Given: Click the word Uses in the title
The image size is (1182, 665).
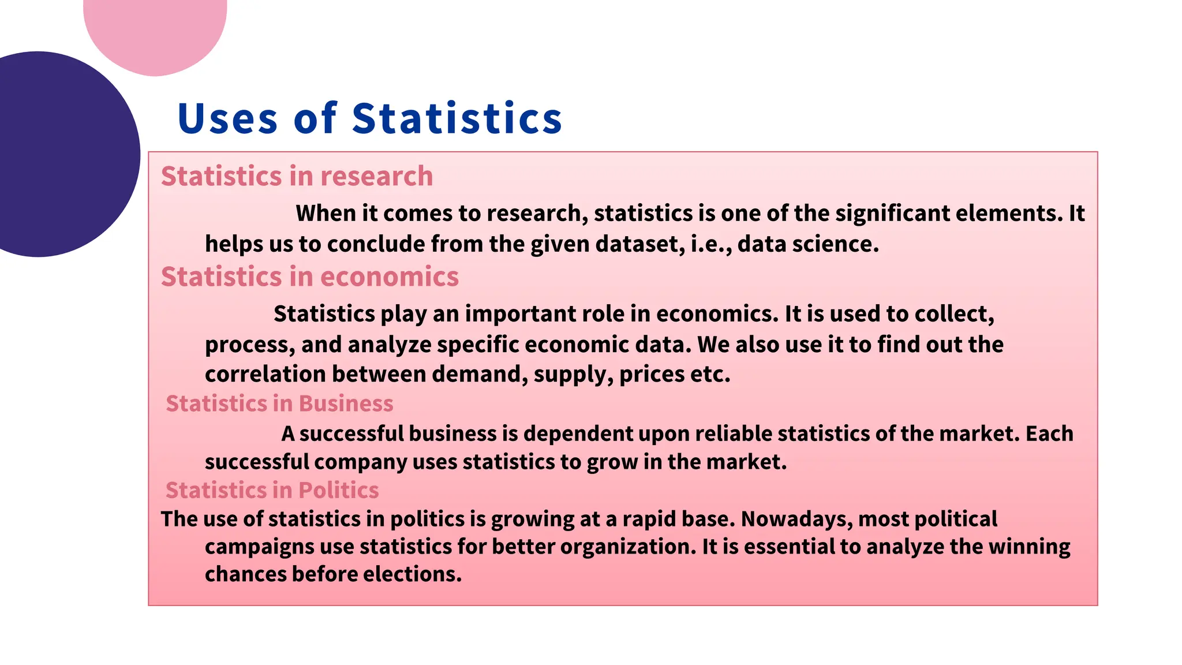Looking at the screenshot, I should coord(228,118).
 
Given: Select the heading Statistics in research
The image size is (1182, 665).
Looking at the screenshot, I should coord(297,176).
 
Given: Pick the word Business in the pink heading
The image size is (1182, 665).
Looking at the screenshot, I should coord(346,404).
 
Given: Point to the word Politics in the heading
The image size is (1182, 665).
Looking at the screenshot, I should coord(338,490).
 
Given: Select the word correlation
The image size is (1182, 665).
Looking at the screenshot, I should coord(265,374).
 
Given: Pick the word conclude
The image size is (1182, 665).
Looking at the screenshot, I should coord(375,244).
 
